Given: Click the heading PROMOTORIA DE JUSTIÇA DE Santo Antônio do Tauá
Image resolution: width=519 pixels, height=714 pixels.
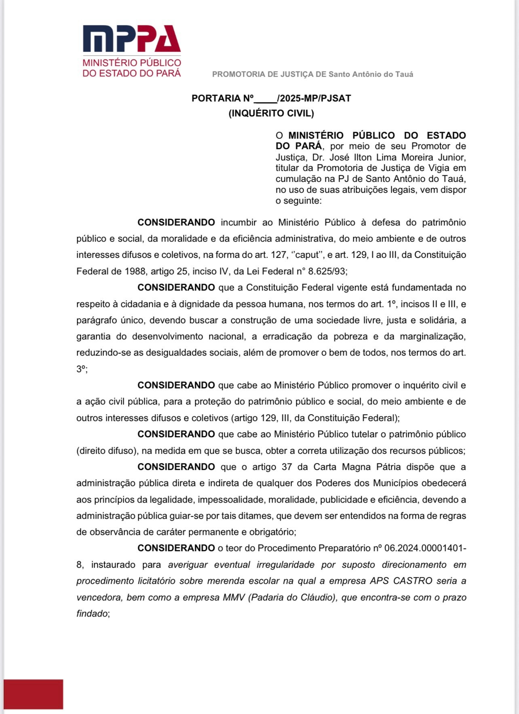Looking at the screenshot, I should point(312,74).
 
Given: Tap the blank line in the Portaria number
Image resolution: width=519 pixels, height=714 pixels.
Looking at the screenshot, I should point(266,99).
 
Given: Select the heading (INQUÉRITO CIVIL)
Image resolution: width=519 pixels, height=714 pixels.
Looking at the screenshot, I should point(271,114).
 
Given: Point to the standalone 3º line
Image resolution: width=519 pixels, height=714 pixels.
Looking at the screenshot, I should point(81,369).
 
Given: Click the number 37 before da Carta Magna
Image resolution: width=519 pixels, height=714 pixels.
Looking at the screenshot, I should point(287,467).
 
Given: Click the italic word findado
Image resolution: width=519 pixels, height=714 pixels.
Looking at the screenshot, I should point(92,614).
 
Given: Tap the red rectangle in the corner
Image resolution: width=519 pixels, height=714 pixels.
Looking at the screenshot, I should point(33,694).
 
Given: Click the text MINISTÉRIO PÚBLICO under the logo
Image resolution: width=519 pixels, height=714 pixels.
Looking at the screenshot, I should point(132,63).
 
